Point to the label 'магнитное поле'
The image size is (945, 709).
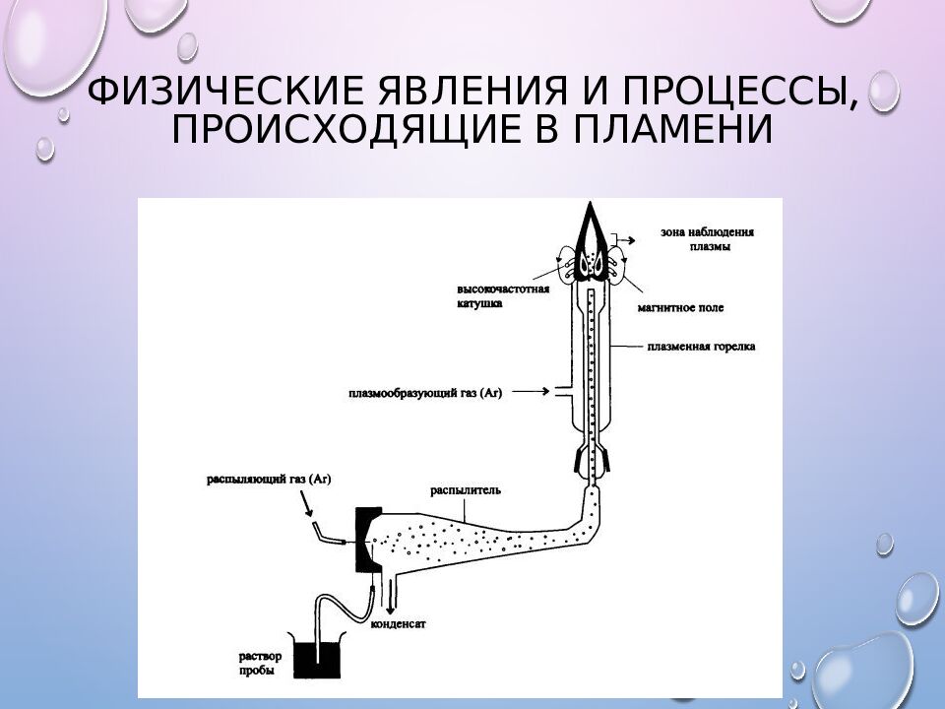[680, 307]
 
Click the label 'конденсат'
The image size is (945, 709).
[399, 623]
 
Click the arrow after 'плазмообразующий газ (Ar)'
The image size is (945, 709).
[531, 392]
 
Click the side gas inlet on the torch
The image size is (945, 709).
[562, 392]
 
